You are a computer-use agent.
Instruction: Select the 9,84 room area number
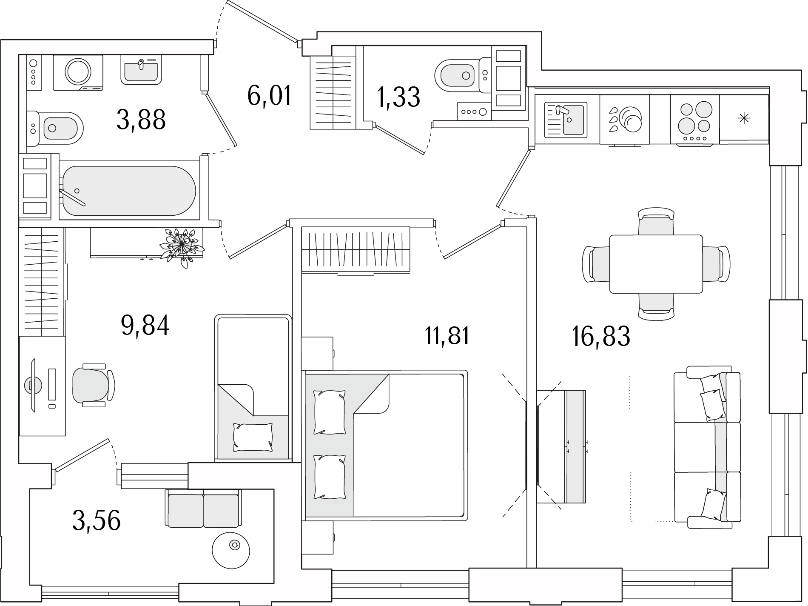tap(145, 326)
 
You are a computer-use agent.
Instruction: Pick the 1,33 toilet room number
tap(398, 97)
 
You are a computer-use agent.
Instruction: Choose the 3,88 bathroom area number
tap(141, 120)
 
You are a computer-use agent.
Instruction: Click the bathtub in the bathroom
tap(129, 191)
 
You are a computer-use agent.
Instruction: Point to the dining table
tap(656, 264)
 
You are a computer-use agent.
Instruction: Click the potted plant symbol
tap(181, 246)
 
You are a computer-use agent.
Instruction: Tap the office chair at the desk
tap(94, 385)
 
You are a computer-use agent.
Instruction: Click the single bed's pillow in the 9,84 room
tap(253, 437)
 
